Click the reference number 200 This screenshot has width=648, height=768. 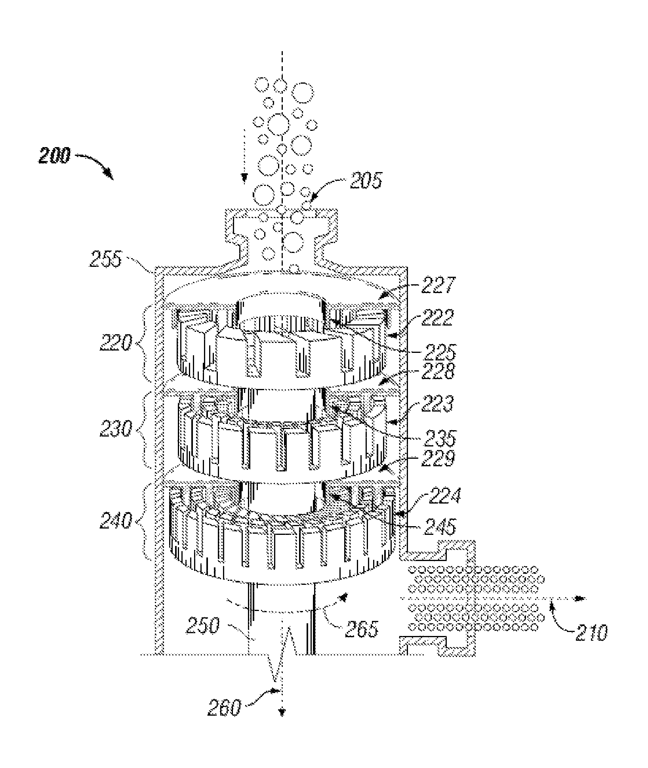click(x=54, y=156)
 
